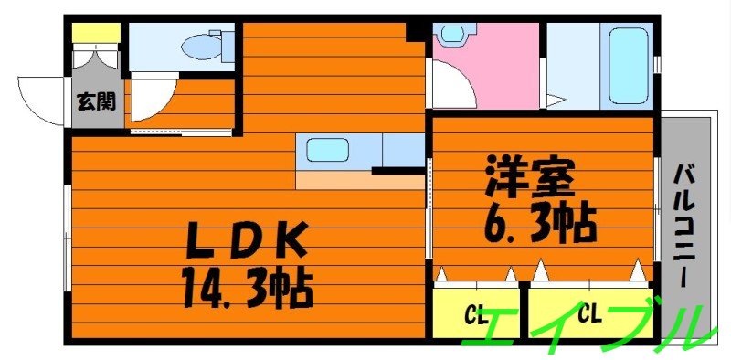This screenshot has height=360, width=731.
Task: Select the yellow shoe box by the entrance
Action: point(96,33)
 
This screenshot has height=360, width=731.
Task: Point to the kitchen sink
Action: point(325,150)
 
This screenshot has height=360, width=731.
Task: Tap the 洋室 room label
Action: point(530,175)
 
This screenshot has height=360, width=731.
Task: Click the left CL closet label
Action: point(476,316)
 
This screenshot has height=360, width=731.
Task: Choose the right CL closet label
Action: point(588,316)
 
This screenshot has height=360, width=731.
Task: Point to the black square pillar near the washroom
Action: point(416,32)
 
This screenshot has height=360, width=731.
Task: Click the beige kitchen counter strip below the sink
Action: point(360,181)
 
